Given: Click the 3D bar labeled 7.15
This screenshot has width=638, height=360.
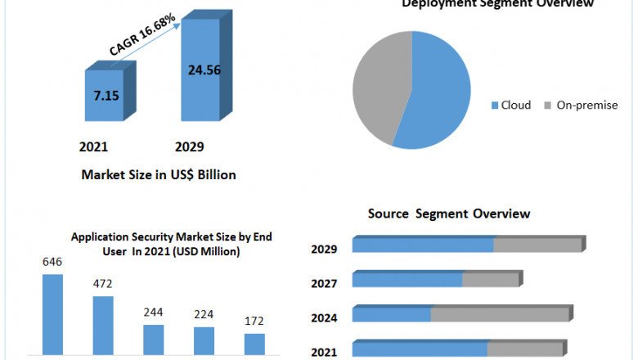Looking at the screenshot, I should coord(105,96).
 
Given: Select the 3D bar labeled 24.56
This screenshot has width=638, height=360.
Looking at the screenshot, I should coord(200,70).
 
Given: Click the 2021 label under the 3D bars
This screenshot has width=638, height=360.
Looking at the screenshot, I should coord(93,147).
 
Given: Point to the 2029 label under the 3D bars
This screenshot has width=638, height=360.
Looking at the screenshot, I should coord(190,147).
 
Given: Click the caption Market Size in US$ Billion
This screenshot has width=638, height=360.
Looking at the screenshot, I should coord(159,174).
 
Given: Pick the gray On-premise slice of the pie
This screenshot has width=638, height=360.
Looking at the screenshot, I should coord(380,86).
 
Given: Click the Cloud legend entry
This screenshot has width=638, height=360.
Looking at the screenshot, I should coord(510,105).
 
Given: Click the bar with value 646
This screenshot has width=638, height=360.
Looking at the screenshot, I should coord(52,314).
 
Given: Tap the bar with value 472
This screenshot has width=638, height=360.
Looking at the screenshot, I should coord(103,325).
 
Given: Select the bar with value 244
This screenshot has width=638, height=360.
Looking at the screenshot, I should coord(154,339).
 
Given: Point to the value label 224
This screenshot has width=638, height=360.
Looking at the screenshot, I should coord(204,314).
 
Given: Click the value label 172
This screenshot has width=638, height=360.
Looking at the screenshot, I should coord(254,321).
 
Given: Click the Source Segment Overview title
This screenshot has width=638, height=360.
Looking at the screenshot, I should coord(449,214).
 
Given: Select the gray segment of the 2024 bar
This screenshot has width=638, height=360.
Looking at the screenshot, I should coord(499,314).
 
